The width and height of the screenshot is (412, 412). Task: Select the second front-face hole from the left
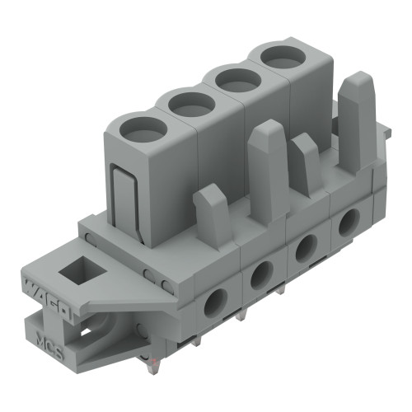click(x=263, y=274)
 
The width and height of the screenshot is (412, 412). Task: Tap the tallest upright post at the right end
click(x=356, y=124)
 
